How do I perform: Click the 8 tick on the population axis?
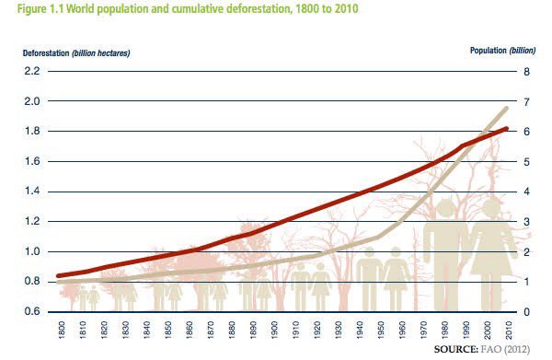click(526, 71)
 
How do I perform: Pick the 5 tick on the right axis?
click(526, 161)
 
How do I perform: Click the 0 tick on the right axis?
click(526, 312)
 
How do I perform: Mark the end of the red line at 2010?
click(507, 129)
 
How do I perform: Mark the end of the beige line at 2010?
click(507, 109)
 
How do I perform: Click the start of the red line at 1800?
click(59, 275)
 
